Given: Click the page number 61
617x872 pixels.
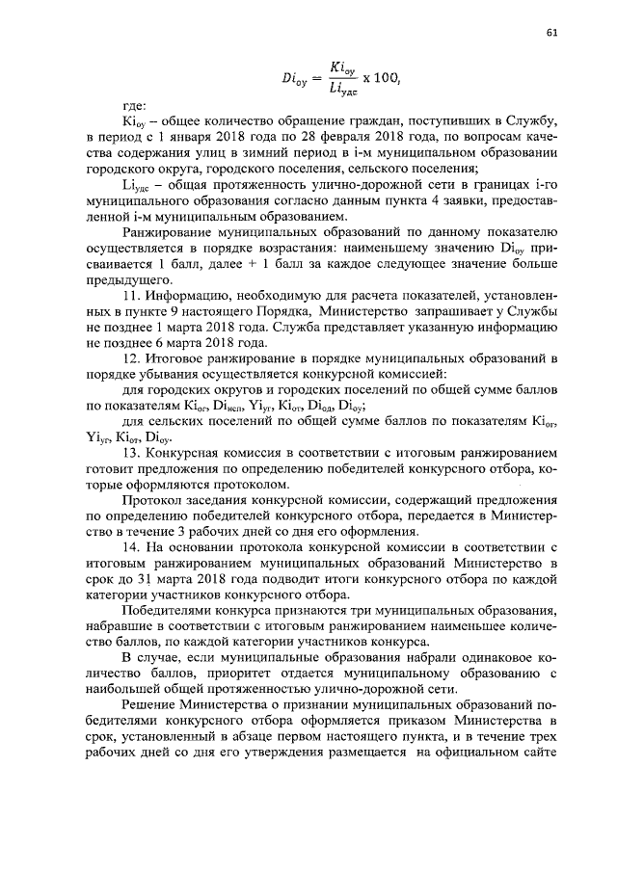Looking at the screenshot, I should click(x=551, y=34).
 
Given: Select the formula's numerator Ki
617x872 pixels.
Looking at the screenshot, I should click(x=339, y=69).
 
